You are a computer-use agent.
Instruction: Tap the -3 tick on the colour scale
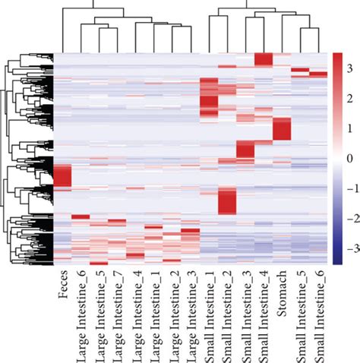coord(350,248)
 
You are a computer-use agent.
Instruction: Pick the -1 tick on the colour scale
coord(350,189)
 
